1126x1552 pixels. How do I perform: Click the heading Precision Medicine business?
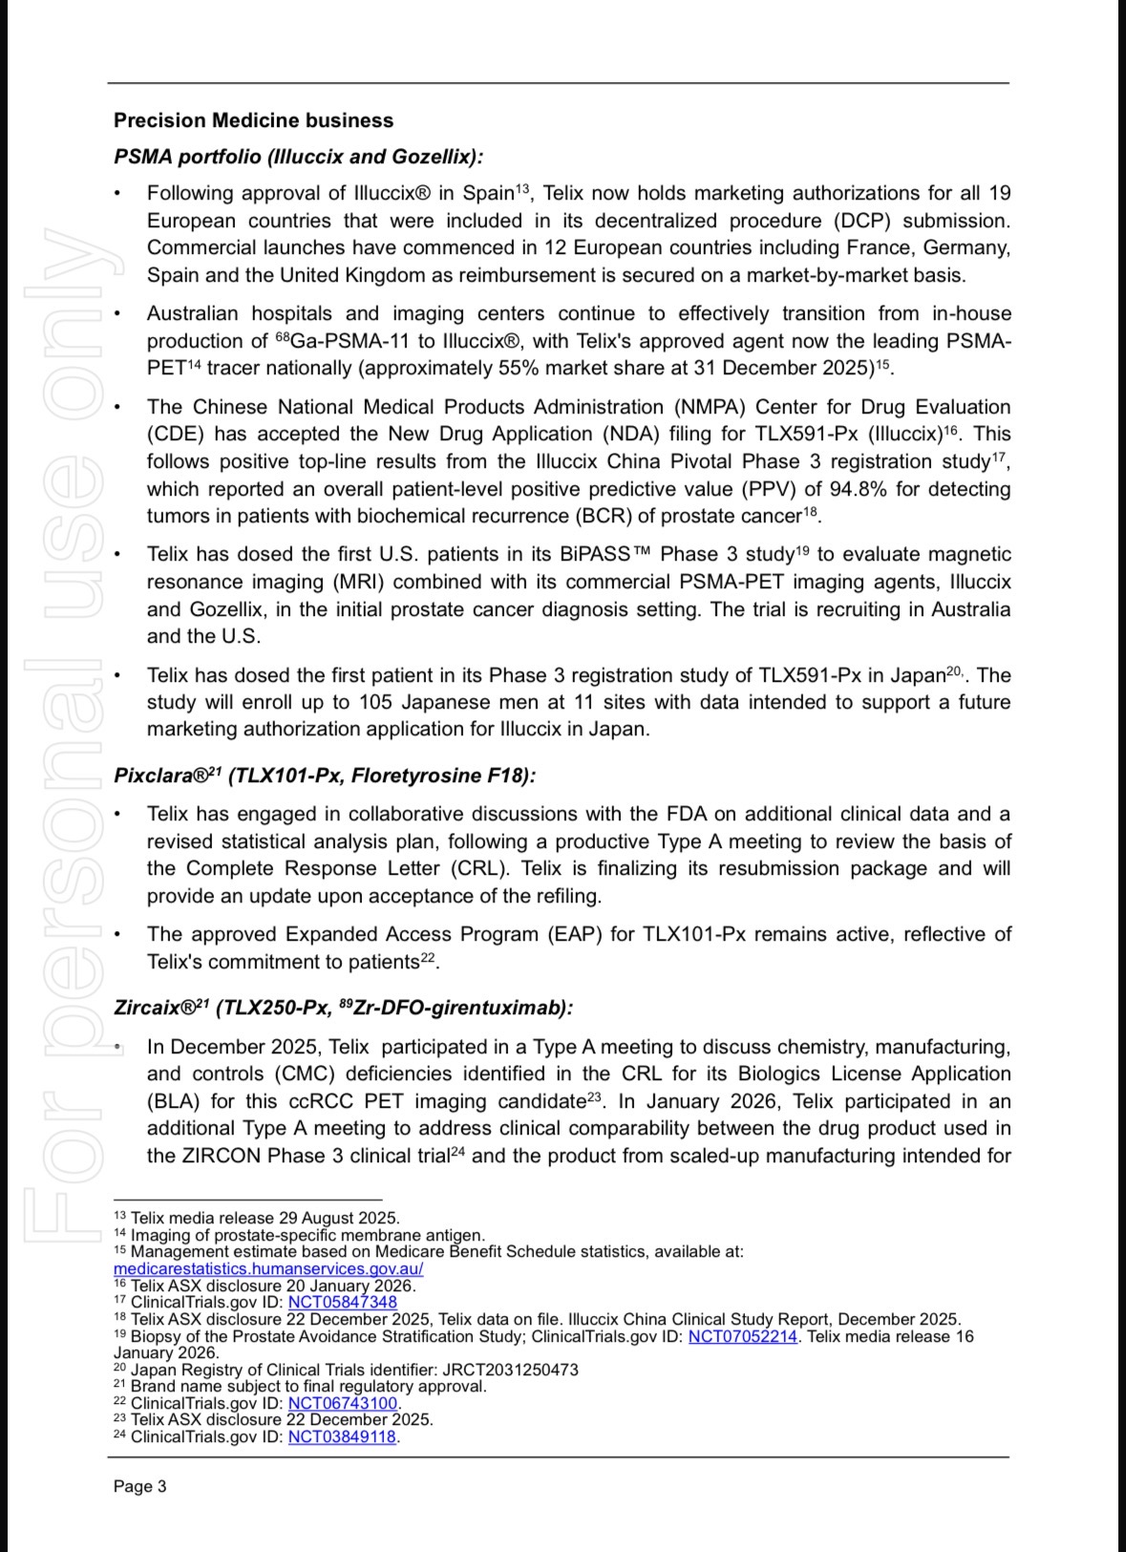click(x=253, y=120)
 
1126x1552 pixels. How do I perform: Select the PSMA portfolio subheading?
click(x=298, y=157)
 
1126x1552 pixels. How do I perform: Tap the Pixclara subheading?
click(x=324, y=776)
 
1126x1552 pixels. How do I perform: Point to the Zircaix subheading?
click(x=343, y=1008)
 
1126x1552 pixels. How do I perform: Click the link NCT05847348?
click(x=342, y=1302)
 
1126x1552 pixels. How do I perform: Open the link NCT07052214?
click(x=742, y=1336)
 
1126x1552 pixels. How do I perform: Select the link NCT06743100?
click(x=342, y=1403)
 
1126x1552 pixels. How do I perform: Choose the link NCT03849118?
click(x=342, y=1436)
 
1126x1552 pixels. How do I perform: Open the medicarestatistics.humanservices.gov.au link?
click(x=267, y=1268)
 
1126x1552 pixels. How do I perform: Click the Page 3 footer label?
click(x=139, y=1486)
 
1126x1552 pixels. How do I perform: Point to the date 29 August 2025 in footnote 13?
click(x=338, y=1218)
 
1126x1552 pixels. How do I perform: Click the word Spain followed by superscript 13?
click(x=488, y=194)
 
